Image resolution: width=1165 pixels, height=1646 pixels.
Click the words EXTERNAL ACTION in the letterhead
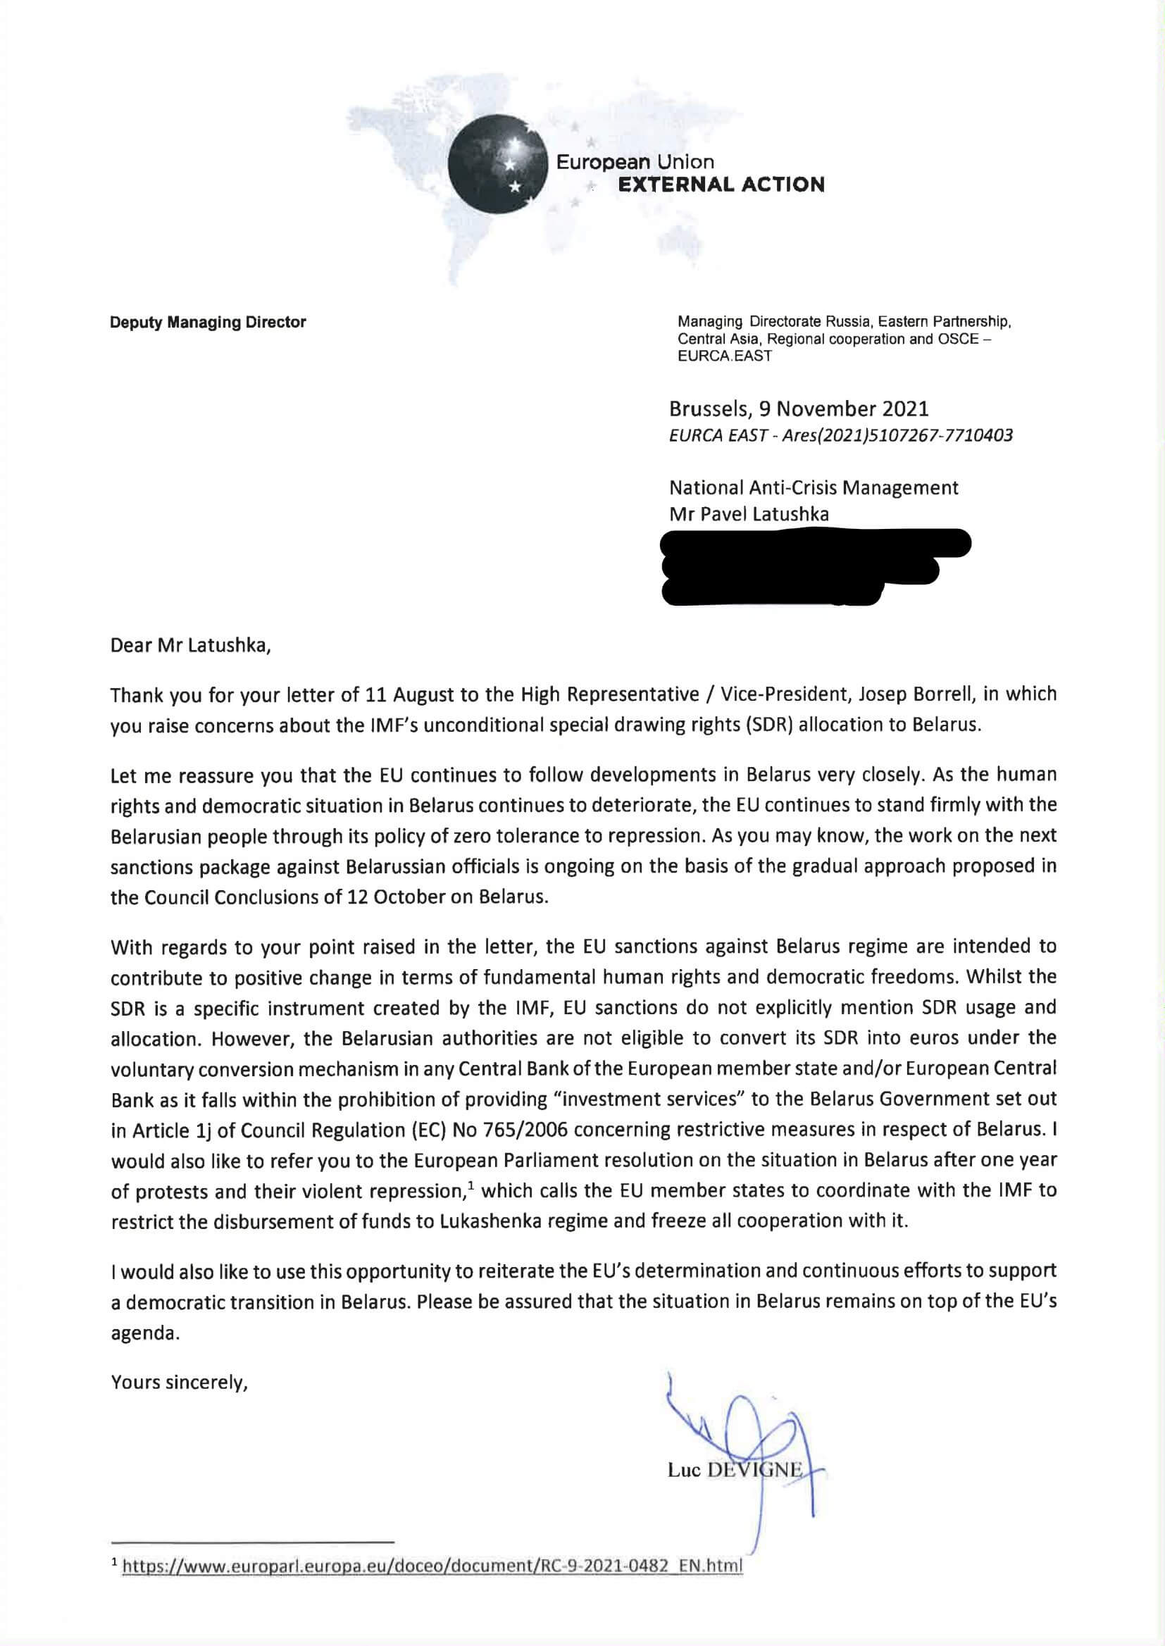coord(721,185)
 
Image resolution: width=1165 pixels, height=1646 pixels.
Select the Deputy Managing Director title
coord(208,323)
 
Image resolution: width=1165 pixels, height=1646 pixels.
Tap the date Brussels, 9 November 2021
coord(799,409)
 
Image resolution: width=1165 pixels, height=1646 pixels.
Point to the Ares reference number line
coord(841,435)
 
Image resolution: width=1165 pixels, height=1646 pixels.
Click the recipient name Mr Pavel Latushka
coord(749,514)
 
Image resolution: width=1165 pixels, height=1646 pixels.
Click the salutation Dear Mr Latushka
coord(191,645)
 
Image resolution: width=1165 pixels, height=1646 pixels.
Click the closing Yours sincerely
coord(180,1382)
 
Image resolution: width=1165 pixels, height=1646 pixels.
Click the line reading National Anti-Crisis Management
coord(814,487)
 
